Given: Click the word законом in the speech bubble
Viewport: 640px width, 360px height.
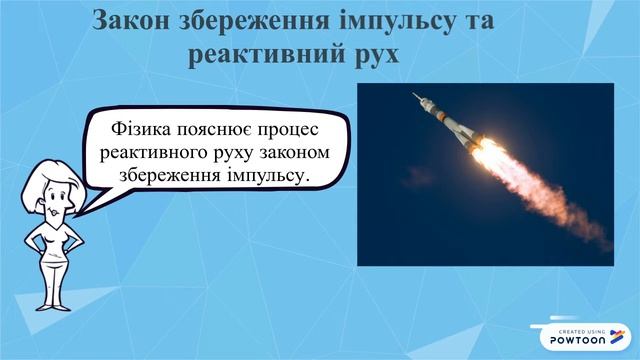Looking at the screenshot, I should click(x=306, y=153).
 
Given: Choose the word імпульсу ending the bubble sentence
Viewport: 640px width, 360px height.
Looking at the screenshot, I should click(x=271, y=177).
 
